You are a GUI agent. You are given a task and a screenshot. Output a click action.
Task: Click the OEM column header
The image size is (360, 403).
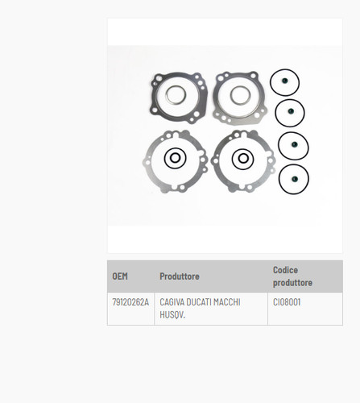[x=120, y=276]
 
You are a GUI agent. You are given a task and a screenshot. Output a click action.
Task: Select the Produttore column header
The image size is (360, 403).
[x=180, y=276]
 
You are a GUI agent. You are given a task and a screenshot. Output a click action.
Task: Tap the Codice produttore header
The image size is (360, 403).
[x=292, y=276]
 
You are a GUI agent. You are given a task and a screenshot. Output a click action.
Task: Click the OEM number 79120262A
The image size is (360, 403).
[x=130, y=302]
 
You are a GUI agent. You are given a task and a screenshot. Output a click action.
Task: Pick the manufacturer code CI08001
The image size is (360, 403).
[x=287, y=302]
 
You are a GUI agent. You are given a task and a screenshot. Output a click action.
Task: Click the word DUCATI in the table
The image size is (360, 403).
[x=198, y=302]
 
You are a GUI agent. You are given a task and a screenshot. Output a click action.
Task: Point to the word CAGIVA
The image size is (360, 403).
[x=172, y=302]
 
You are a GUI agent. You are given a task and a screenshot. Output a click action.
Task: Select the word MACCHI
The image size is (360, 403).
[x=226, y=302]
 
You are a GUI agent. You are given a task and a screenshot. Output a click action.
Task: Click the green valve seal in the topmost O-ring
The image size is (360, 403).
[x=285, y=81]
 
